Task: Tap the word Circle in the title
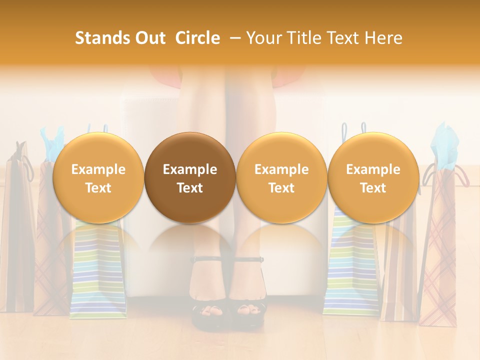click(x=197, y=38)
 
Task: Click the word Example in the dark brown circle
click(x=190, y=169)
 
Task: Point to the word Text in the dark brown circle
click(x=190, y=188)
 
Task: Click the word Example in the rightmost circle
click(x=373, y=169)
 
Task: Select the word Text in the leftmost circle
click(x=98, y=188)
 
